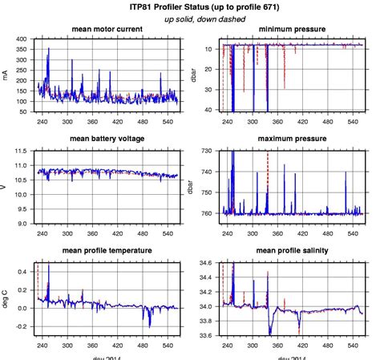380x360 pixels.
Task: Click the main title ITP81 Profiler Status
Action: coord(189,6)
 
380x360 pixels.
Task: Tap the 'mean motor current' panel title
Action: coord(107,30)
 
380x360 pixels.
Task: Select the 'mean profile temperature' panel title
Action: coord(107,250)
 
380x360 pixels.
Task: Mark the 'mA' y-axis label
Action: coord(6,75)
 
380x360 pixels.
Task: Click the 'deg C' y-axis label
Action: coord(6,298)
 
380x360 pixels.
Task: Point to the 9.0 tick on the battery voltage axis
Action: coord(22,224)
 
